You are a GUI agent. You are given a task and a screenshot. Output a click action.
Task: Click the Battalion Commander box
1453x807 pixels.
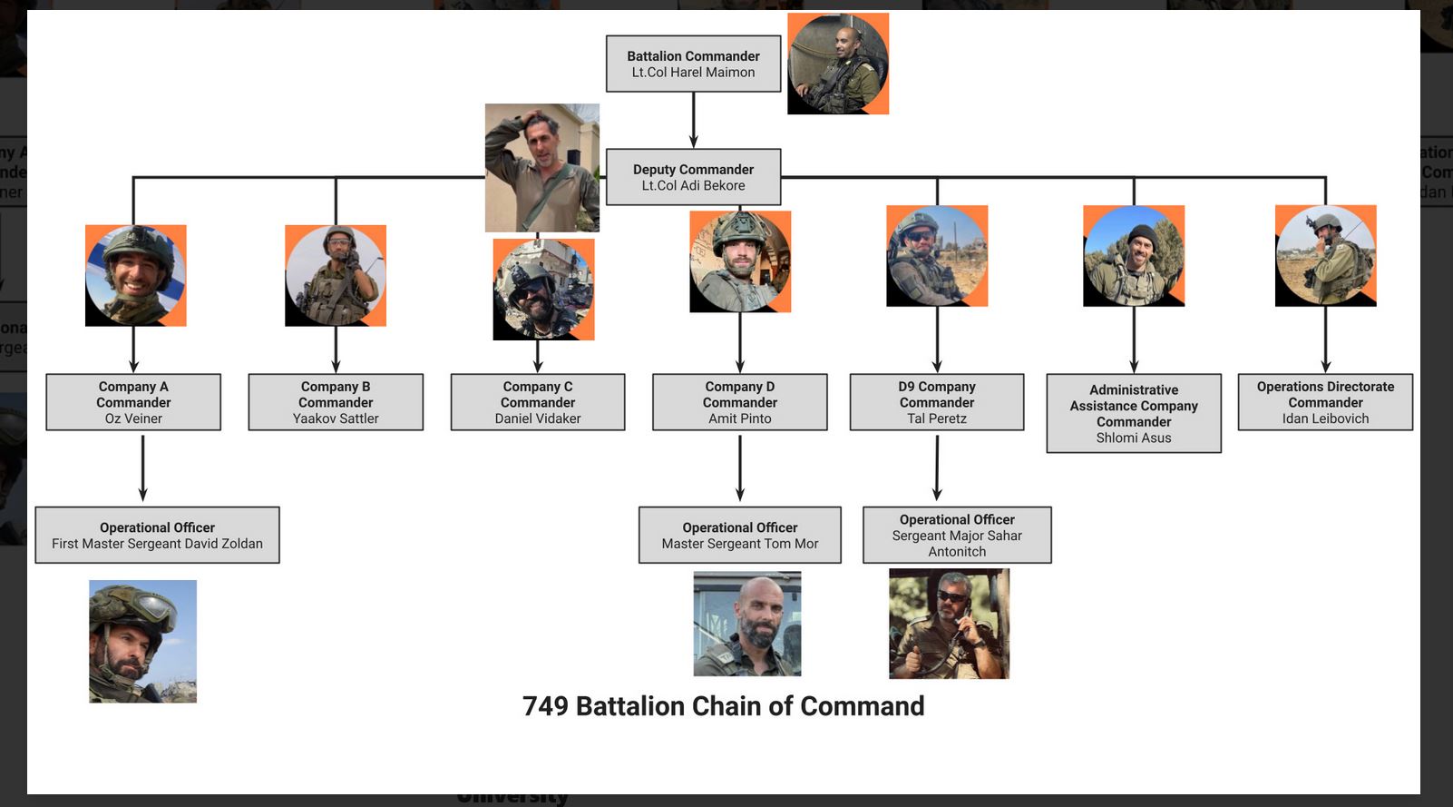tap(693, 64)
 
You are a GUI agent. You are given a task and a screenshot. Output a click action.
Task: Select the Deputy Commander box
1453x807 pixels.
tap(693, 177)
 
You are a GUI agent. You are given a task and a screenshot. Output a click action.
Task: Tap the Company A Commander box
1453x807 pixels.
tap(133, 402)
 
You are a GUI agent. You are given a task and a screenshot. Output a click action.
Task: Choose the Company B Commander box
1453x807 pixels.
tap(336, 402)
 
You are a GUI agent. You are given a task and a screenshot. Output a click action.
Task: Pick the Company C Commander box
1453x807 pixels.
tap(538, 402)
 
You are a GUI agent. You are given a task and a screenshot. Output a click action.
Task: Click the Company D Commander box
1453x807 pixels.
tap(740, 402)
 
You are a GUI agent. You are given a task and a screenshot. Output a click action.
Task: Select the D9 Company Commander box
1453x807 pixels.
tap(937, 402)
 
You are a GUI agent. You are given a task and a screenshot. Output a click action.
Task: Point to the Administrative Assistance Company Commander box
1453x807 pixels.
tap(1134, 413)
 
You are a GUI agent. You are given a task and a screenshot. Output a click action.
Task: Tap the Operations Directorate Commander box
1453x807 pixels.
tap(1325, 402)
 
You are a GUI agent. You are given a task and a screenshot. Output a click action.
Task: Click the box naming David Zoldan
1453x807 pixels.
tap(157, 535)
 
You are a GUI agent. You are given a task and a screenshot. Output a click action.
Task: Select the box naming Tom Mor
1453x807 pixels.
tap(740, 535)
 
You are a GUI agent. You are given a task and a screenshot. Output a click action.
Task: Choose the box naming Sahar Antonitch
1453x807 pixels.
tap(957, 535)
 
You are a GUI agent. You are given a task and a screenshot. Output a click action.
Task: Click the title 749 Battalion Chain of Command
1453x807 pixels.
tap(723, 705)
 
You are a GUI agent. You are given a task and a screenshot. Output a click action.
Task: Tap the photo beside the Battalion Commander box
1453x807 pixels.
tap(838, 64)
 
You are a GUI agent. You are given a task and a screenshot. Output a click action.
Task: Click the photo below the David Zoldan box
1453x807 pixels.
tap(142, 641)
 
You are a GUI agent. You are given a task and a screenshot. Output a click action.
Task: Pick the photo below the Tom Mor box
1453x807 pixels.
tap(747, 624)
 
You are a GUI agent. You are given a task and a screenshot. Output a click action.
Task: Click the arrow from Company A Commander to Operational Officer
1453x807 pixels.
tap(142, 467)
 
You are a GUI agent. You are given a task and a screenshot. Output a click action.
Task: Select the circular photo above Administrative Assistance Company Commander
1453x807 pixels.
tap(1134, 256)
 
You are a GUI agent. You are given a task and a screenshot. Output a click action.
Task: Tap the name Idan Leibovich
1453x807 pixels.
tap(1325, 418)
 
